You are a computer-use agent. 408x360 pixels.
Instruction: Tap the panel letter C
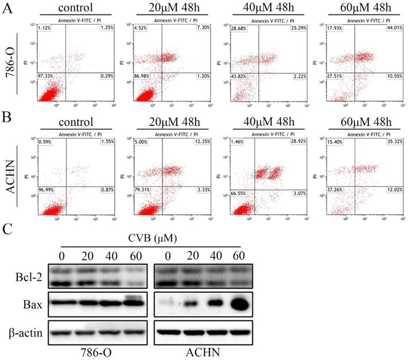point(7,229)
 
